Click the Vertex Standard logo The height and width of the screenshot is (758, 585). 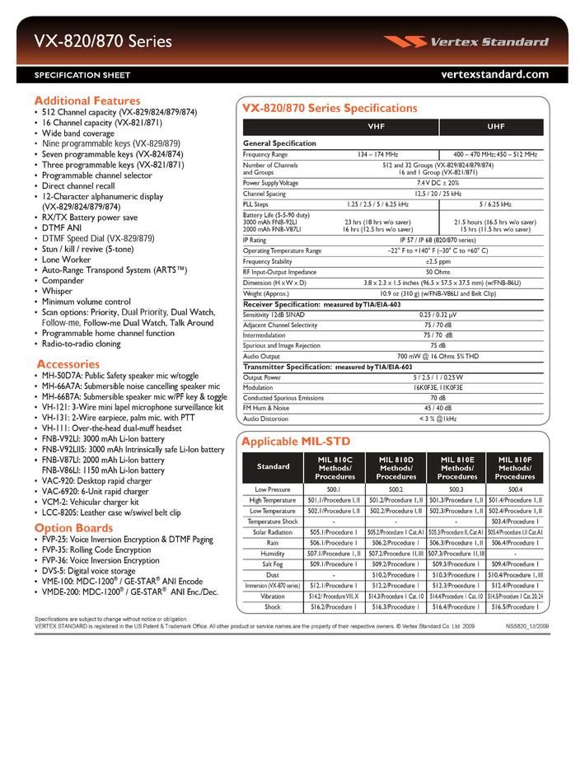(x=477, y=42)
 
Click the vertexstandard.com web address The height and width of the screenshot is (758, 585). (x=494, y=74)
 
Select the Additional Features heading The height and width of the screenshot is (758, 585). (x=87, y=100)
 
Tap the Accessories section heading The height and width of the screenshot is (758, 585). (x=68, y=363)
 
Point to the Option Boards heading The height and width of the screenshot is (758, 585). (x=73, y=528)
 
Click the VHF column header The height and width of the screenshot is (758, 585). (x=340, y=128)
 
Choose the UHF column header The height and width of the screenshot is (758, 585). (x=495, y=128)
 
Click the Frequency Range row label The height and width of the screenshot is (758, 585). (x=265, y=154)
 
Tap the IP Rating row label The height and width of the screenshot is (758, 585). (x=255, y=240)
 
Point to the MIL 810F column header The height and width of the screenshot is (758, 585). (x=515, y=467)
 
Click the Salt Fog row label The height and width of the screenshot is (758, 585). (x=274, y=564)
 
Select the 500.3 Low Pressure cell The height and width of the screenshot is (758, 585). (x=457, y=489)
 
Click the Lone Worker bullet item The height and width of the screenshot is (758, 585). (x=67, y=260)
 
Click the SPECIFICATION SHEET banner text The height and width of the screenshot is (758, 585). (x=82, y=75)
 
